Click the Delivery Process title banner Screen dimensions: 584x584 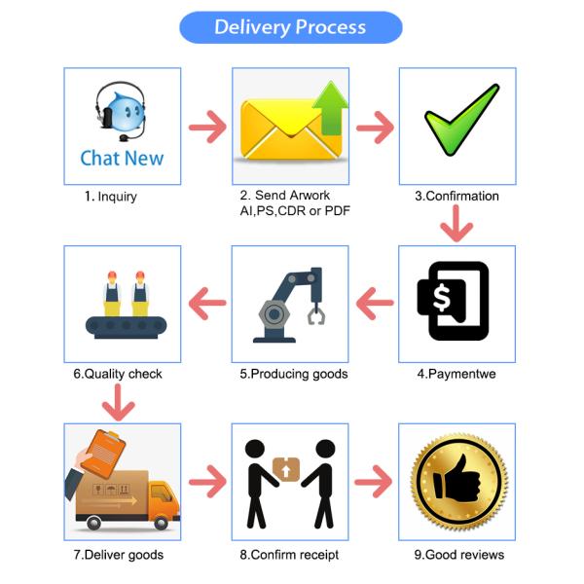click(x=290, y=27)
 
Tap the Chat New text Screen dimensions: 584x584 click(x=122, y=158)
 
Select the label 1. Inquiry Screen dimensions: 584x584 click(x=110, y=197)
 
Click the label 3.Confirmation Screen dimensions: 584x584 click(x=456, y=197)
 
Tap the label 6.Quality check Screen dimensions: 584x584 click(x=118, y=374)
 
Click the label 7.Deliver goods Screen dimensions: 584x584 click(x=119, y=555)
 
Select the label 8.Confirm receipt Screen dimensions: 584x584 click(x=289, y=555)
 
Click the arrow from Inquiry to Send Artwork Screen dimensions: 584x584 click(x=206, y=126)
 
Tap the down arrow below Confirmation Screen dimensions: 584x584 click(x=456, y=226)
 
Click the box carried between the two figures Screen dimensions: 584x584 click(x=288, y=469)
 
